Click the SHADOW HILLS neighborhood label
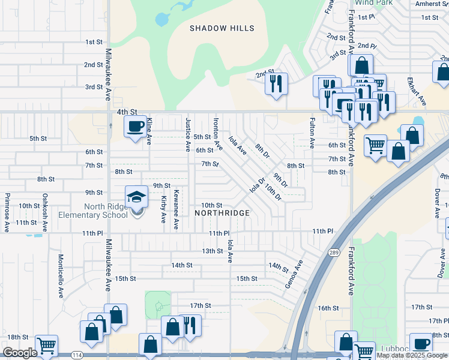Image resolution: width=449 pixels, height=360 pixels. pos(222,28)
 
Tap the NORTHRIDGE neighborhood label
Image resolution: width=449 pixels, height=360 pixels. pos(222,213)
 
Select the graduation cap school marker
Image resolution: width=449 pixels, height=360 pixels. pos(136,197)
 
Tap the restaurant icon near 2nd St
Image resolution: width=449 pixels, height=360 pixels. pos(276,83)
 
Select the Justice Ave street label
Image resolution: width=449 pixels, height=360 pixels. pos(188,135)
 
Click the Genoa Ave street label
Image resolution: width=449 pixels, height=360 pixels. pos(294,273)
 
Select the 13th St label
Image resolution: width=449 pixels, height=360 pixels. pos(212,251)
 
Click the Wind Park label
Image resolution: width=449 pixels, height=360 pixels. pos(374,3)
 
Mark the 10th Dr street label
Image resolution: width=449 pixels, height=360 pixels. pos(273,193)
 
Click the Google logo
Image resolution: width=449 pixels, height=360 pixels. pos(20,353)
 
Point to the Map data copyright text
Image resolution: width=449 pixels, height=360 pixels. pos(412,355)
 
